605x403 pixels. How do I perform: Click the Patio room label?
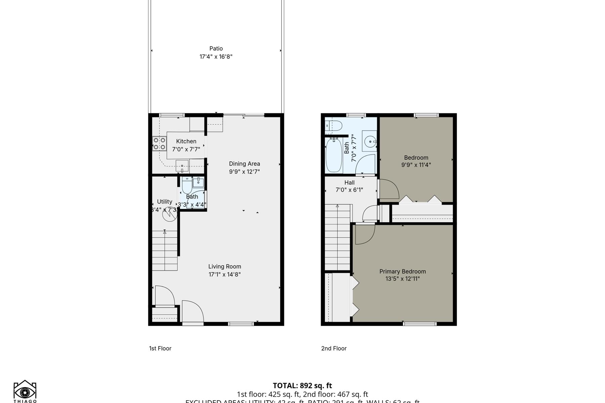coord(216,49)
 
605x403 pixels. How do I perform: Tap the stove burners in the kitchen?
coord(159,144)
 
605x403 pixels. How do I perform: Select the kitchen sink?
coord(182,166)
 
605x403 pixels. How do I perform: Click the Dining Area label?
coord(244,164)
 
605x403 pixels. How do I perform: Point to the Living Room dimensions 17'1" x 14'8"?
coord(225,274)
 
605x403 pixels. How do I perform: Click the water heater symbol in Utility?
coord(170,215)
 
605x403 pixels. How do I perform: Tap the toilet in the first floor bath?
coord(187,187)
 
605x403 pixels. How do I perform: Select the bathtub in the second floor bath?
coord(334,155)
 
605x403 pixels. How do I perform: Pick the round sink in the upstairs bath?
coord(370,142)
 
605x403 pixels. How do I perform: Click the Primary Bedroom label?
coord(402,271)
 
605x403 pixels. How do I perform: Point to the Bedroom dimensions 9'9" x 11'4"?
coord(416,165)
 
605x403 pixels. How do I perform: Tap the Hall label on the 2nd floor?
coord(349,183)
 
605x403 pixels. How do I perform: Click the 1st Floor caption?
coord(160,348)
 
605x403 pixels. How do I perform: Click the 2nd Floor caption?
coord(333,348)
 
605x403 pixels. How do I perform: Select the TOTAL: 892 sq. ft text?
coord(302,386)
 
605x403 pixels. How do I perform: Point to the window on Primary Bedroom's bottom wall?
coord(419,324)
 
